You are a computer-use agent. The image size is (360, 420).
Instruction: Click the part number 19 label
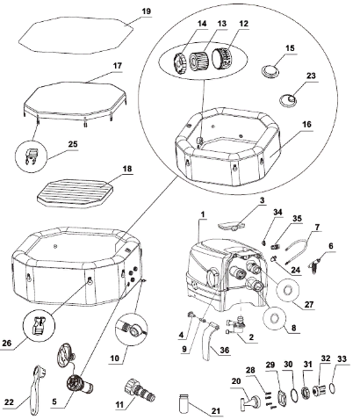point(147,11)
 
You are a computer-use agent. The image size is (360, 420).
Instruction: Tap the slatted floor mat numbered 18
point(76,192)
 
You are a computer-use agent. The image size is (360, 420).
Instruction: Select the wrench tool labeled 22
point(38,388)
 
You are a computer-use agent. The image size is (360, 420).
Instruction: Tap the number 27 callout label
point(309,305)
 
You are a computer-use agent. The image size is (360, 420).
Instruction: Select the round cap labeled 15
point(270,70)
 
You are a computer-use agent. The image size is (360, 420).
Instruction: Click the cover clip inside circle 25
point(32,156)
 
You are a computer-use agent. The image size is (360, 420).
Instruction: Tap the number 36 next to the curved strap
point(225,350)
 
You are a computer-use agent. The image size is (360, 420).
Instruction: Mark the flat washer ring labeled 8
point(275,319)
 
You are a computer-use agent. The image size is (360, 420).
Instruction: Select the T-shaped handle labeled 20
point(249,401)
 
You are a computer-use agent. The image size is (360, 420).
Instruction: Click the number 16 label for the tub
point(306,124)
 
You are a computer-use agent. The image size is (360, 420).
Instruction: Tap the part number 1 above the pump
point(203,214)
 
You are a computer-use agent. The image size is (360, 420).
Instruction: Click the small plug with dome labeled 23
point(288,100)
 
